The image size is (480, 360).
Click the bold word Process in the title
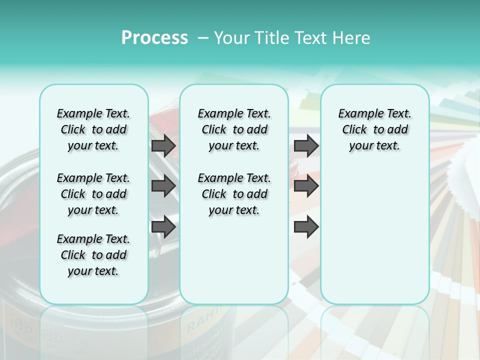[154, 38]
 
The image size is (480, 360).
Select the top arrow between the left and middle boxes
[163, 145]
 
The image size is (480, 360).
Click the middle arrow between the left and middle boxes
[163, 186]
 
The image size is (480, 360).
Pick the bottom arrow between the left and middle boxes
[163, 227]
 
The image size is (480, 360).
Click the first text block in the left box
[93, 129]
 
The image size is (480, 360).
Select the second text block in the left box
[93, 194]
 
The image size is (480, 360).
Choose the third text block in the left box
[93, 255]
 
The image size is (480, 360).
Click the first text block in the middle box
[234, 129]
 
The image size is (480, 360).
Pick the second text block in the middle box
[234, 194]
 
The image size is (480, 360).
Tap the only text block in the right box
[374, 129]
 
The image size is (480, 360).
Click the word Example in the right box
[357, 113]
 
